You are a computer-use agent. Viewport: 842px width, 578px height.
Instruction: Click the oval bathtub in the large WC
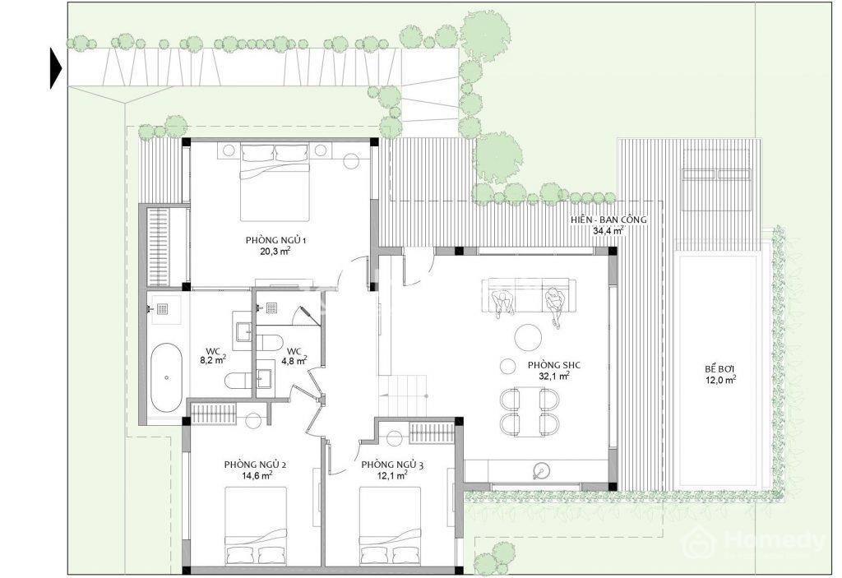[x=166, y=377]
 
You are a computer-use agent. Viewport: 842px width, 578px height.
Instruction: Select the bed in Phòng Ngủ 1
[x=275, y=182]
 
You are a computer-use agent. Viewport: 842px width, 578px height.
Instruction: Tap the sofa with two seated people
[x=529, y=295]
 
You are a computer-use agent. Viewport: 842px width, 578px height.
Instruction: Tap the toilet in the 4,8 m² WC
[x=270, y=342]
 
